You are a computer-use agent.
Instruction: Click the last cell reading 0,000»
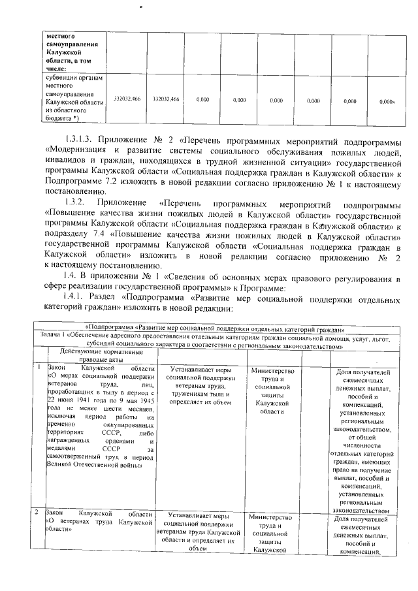tap(388, 101)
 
